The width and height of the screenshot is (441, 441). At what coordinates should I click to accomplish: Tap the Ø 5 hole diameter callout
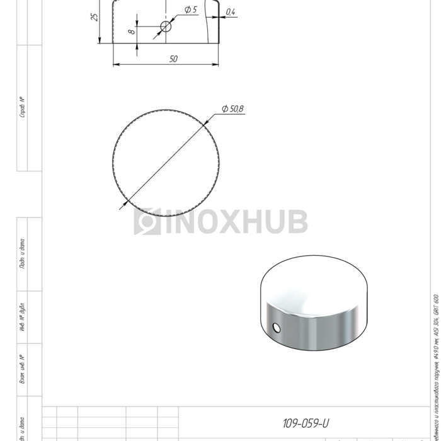pos(190,10)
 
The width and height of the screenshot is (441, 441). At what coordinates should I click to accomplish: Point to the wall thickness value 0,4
pos(230,12)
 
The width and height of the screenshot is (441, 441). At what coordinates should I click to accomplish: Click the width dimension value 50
pos(173,59)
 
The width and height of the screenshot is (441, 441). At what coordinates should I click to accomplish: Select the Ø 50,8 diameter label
pos(232,109)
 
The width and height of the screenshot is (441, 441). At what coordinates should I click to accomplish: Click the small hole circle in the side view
pos(166,26)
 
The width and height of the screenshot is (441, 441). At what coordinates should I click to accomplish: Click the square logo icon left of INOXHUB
pos(147,222)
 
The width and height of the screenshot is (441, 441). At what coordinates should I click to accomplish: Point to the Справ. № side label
pos(23,107)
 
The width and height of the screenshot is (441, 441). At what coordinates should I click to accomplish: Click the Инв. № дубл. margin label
pos(23,317)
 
